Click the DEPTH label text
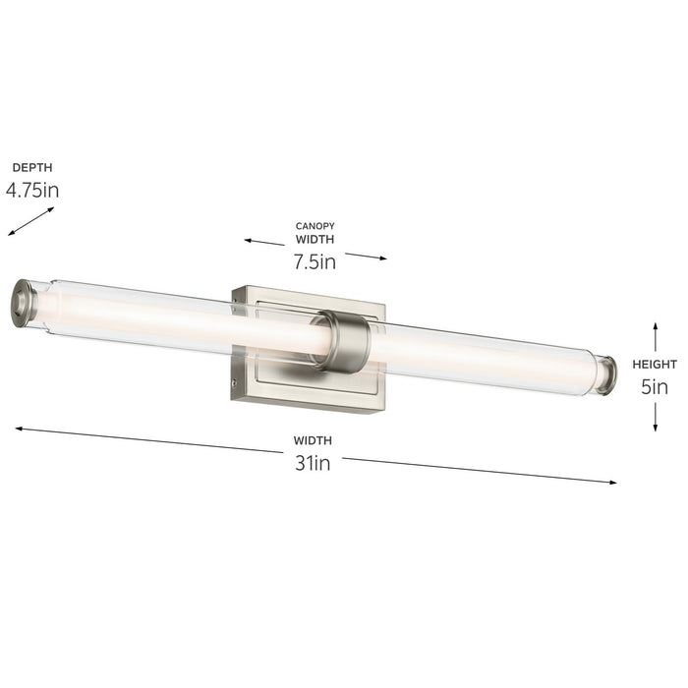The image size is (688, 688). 32,168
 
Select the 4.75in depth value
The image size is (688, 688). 32,191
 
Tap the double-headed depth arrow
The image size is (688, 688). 31,221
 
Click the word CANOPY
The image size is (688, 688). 315,226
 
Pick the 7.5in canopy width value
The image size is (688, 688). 315,261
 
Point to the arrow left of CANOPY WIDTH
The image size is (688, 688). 264,242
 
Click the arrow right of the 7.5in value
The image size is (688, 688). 366,257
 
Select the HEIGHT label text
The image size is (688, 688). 655,365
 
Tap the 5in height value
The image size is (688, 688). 655,387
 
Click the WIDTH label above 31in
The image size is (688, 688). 313,440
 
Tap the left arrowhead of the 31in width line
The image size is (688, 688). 20,429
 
